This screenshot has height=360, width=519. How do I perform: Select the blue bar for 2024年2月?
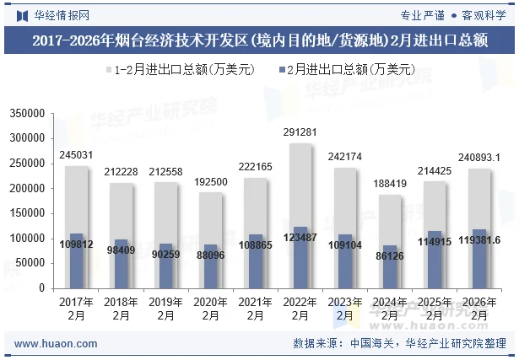[388, 266]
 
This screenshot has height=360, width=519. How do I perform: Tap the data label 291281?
[300, 132]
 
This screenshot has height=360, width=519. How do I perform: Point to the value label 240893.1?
[478, 157]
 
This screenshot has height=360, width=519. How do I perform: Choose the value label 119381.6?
[478, 240]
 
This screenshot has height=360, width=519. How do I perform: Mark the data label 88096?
[211, 255]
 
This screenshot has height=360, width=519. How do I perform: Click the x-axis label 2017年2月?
[78, 308]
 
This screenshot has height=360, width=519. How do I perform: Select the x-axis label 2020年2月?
[211, 308]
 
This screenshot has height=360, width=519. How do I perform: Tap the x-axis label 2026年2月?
[478, 308]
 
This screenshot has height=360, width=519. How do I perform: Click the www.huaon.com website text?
[57, 344]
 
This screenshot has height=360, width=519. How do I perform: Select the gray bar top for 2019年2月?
[166, 184]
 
